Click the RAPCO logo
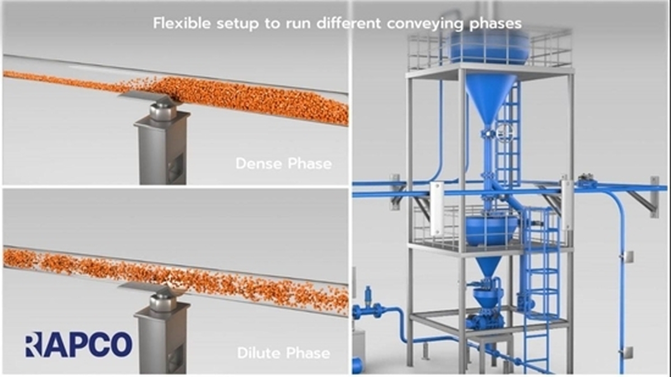point(78,345)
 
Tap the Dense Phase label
point(283,164)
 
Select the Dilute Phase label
point(283,353)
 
